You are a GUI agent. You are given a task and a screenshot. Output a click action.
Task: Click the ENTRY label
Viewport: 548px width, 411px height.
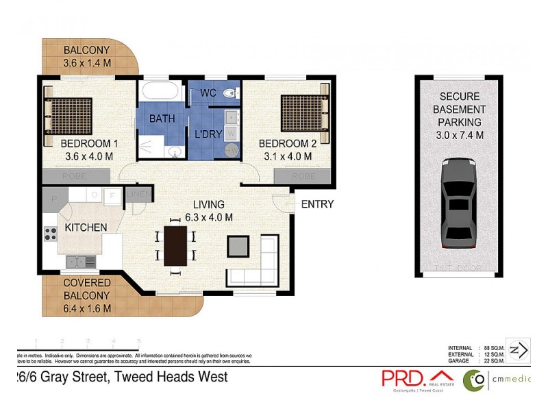tap(317, 204)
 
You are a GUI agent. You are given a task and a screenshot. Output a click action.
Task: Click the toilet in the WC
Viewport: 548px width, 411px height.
tap(231, 93)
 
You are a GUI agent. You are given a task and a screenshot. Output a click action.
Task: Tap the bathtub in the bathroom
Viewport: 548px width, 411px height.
tap(160, 92)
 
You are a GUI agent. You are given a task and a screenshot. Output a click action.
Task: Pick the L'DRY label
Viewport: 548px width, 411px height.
tap(208, 134)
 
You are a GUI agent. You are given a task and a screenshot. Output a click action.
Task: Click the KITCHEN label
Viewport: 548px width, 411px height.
tap(86, 227)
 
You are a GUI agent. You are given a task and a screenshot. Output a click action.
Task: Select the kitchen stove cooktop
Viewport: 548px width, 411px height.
tap(51, 234)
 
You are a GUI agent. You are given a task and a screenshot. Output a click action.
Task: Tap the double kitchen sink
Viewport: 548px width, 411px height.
tap(81, 261)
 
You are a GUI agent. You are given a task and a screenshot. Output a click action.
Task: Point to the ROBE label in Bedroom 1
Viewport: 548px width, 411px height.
tap(76, 176)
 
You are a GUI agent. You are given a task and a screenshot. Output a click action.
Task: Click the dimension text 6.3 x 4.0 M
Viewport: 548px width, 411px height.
tap(209, 218)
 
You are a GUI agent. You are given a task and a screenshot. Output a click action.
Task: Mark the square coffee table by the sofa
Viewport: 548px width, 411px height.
tap(238, 245)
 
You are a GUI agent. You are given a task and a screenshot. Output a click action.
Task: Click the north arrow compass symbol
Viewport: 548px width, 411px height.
tap(519, 350)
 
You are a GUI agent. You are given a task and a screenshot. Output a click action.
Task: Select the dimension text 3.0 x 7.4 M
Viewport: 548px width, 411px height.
tap(460, 135)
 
